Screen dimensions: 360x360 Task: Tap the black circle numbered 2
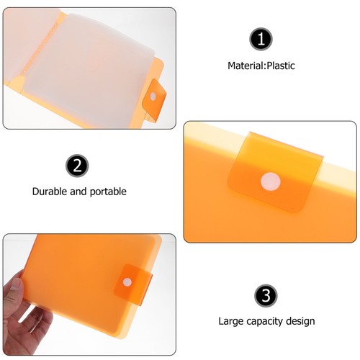[x=78, y=166]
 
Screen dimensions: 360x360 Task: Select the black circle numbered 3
[x=266, y=295]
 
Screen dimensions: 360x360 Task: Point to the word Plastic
[x=280, y=66]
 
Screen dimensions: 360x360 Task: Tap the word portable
[x=107, y=192]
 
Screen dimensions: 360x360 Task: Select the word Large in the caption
[x=231, y=322]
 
